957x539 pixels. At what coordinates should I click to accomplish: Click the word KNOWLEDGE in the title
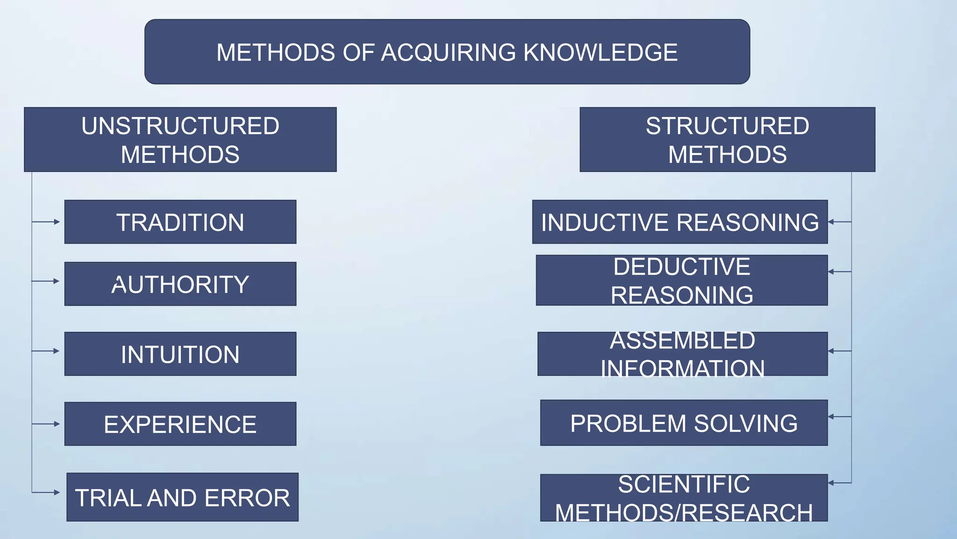point(600,52)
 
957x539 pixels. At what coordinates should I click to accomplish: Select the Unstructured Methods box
point(180,139)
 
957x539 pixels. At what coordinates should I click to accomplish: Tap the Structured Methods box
point(727,139)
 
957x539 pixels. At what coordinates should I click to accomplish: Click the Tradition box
point(180,222)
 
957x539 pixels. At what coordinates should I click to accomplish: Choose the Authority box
point(180,284)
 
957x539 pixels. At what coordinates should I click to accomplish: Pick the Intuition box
point(180,354)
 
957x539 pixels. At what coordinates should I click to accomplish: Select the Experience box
point(180,424)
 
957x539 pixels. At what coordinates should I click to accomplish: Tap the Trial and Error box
point(182,497)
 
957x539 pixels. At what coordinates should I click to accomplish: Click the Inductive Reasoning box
point(680,222)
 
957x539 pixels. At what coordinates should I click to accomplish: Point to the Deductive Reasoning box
point(682,280)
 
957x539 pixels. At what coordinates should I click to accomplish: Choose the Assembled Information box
point(682,354)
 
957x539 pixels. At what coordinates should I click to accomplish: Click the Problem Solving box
point(684,423)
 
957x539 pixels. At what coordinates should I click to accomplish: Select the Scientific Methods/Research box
point(684,498)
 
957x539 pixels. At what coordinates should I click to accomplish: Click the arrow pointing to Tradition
point(46,222)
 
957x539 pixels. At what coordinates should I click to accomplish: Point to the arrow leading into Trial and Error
point(46,492)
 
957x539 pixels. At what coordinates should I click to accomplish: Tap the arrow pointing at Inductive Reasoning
point(839,222)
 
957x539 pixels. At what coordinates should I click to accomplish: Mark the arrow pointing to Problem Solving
point(839,416)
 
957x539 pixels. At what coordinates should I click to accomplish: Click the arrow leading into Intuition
point(46,351)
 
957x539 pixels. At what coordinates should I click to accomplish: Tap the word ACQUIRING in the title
point(449,52)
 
